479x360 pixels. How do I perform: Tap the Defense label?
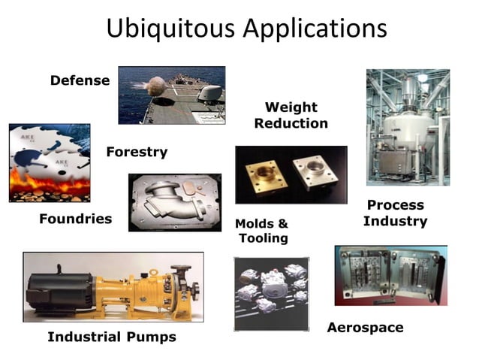80,80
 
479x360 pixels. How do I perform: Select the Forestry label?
137,152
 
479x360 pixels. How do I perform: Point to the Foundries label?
75,219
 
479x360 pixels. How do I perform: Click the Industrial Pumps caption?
112,337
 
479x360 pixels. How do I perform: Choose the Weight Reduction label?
291,115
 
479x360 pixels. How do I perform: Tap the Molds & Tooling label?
262,231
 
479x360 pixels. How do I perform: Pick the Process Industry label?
395,213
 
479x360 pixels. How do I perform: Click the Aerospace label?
365,328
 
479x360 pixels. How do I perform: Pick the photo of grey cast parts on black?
270,293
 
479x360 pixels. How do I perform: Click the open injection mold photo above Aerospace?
390,275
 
